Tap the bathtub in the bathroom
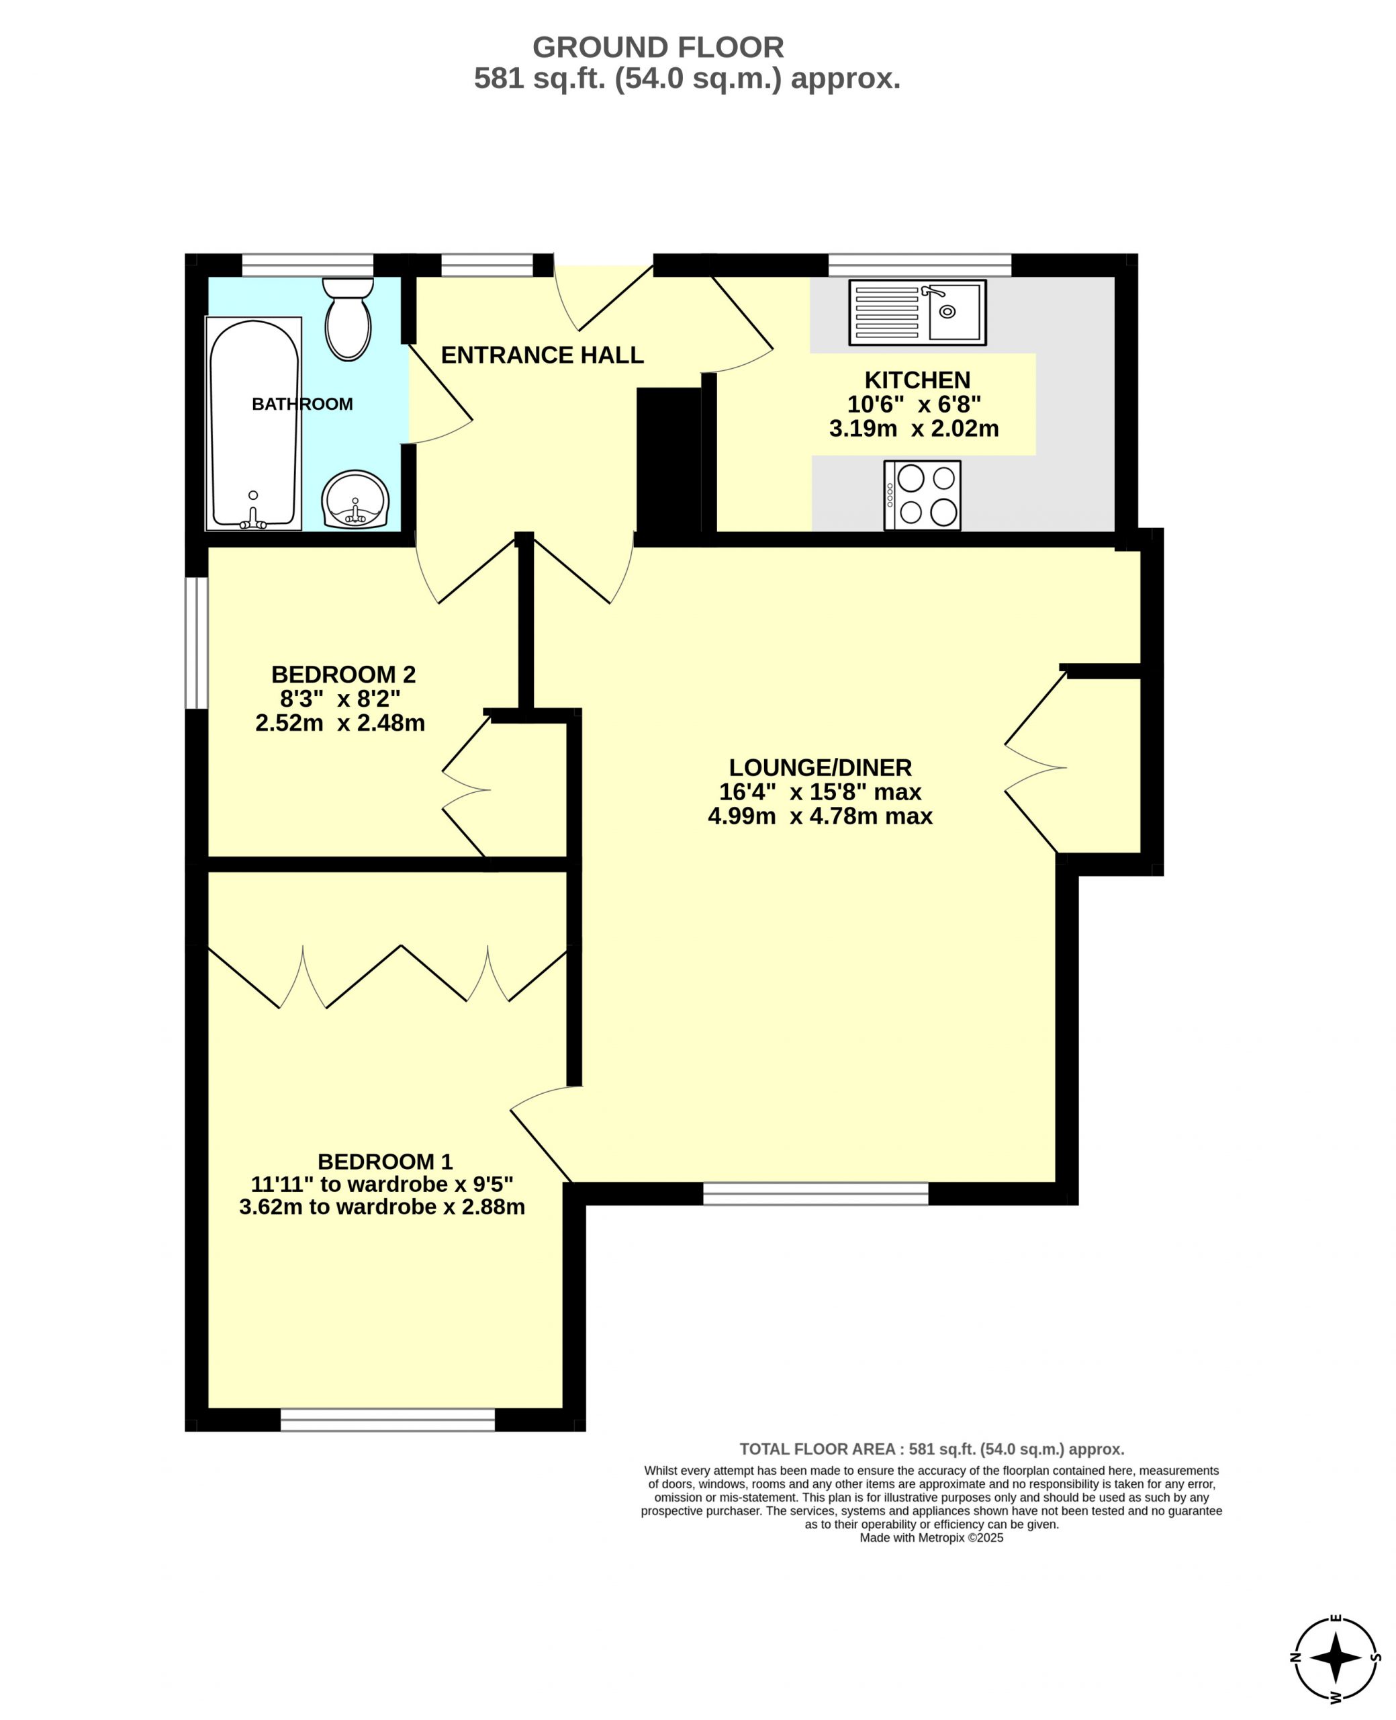pyautogui.click(x=254, y=424)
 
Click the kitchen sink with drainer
pyautogui.click(x=917, y=312)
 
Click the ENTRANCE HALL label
pyautogui.click(x=542, y=355)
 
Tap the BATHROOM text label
pyautogui.click(x=302, y=404)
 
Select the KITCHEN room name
pyautogui.click(x=917, y=380)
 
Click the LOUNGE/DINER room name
pyautogui.click(x=821, y=767)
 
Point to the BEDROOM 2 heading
pyautogui.click(x=343, y=674)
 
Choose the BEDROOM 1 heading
pyautogui.click(x=385, y=1162)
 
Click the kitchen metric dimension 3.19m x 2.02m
pyautogui.click(x=915, y=429)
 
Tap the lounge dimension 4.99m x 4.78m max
pyautogui.click(x=821, y=816)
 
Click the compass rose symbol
pyautogui.click(x=1335, y=1658)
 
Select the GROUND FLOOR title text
pyautogui.click(x=658, y=48)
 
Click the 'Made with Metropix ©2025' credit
pyautogui.click(x=931, y=1537)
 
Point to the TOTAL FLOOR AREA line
pyautogui.click(x=932, y=1449)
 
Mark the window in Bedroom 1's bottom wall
pyautogui.click(x=387, y=1420)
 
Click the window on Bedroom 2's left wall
pyautogui.click(x=197, y=643)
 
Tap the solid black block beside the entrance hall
pyautogui.click(x=669, y=460)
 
